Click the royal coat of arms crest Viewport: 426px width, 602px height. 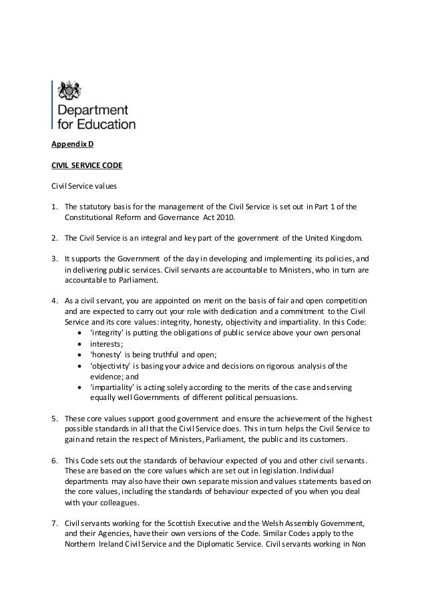pos(67,91)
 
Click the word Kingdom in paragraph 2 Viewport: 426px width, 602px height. pos(343,237)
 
